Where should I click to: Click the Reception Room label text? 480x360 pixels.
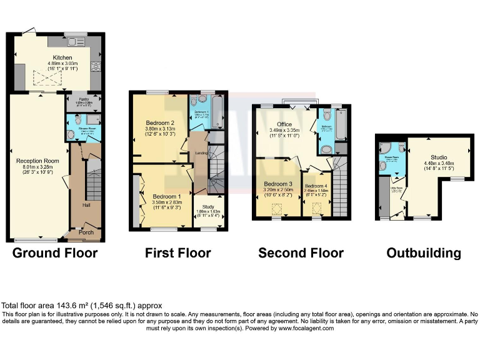click(x=37, y=161)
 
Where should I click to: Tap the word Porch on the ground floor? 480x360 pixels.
click(x=87, y=232)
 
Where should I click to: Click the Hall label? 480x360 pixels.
click(x=87, y=204)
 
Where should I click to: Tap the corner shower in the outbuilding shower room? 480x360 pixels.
click(x=387, y=149)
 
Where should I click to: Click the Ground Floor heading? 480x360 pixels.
click(x=55, y=253)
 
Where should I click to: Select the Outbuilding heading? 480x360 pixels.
click(x=424, y=253)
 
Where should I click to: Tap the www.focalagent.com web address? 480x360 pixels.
click(x=306, y=328)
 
